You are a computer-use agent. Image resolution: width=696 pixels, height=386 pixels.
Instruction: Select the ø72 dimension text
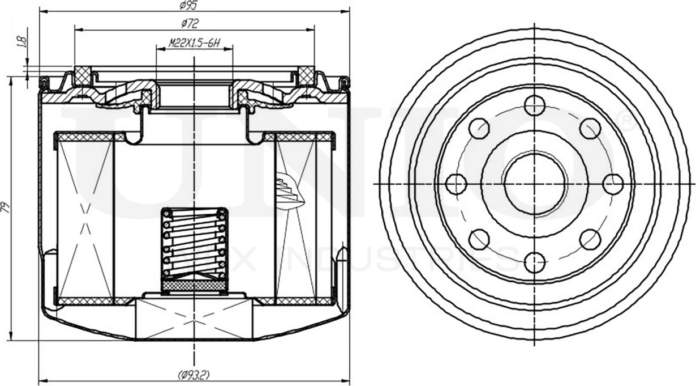(190, 23)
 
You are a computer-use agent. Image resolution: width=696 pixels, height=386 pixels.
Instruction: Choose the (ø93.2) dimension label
(194, 375)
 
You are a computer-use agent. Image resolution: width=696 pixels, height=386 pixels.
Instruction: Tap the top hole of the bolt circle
(535, 105)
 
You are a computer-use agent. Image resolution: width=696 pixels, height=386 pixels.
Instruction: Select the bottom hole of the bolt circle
(535, 262)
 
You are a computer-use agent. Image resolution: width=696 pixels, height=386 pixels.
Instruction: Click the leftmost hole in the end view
(456, 184)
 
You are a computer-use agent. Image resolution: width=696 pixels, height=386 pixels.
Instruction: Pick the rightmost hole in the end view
(613, 184)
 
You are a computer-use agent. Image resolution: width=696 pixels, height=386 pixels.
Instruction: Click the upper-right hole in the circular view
(590, 128)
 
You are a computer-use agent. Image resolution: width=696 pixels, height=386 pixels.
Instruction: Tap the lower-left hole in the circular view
(479, 239)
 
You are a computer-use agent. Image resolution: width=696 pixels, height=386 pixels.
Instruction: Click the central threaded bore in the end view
(535, 184)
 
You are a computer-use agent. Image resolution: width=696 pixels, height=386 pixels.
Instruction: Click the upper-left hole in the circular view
(479, 128)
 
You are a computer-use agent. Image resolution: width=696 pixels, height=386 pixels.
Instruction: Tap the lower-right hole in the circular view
(590, 239)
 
